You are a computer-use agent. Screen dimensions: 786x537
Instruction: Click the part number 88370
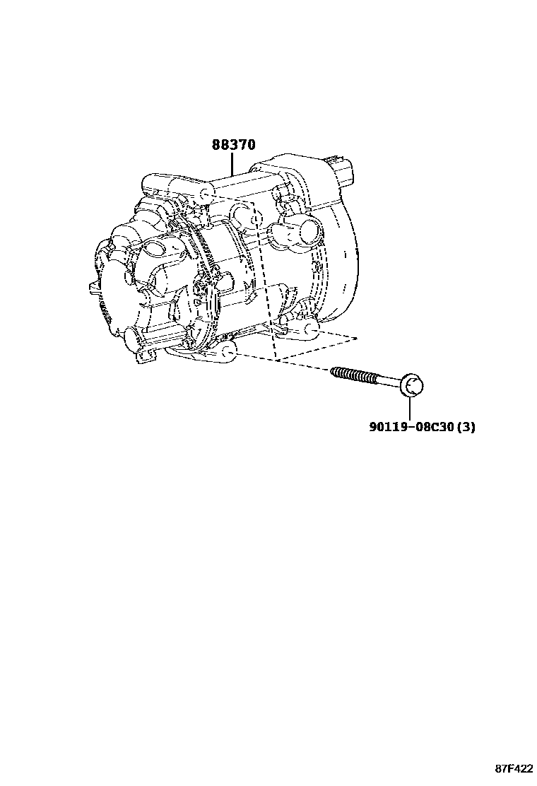pos(233,145)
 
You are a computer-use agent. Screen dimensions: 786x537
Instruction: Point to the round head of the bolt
pos(413,386)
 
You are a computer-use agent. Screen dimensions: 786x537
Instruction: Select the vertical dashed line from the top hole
pos(263,283)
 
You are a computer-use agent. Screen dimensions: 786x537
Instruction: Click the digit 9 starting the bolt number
pos(372,428)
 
